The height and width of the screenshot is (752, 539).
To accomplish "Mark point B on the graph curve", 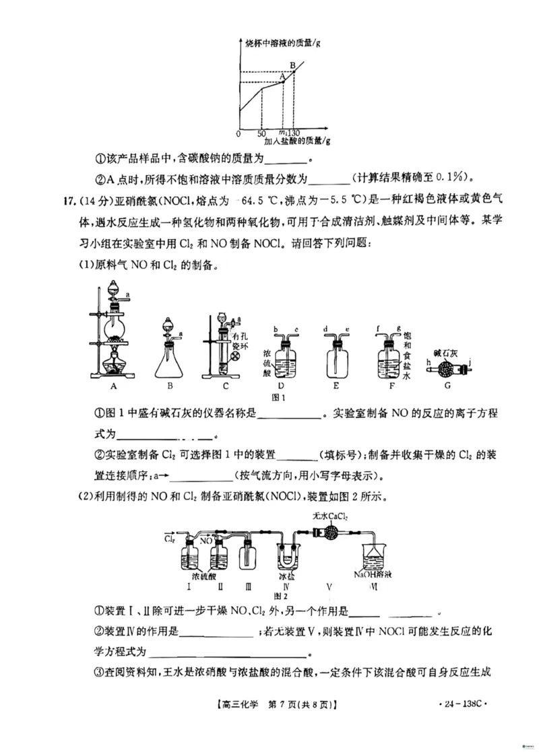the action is click(x=294, y=71).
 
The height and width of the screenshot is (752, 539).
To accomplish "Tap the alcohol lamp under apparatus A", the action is click(x=113, y=366).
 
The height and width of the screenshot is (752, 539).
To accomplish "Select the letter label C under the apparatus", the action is click(x=226, y=386).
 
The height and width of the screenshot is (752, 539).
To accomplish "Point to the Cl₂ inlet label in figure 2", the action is click(x=169, y=538).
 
